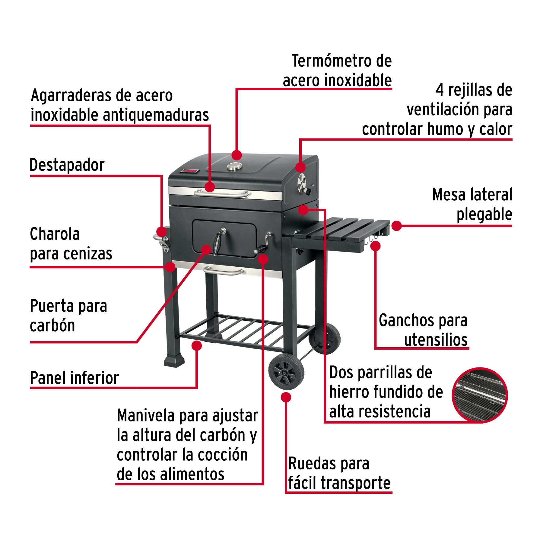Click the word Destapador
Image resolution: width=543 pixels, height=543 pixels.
click(x=67, y=165)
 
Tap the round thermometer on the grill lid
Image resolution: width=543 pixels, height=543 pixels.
click(x=234, y=166)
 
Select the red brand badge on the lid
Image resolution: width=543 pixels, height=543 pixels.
click(x=190, y=171)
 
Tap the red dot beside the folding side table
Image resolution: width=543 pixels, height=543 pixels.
click(x=396, y=226)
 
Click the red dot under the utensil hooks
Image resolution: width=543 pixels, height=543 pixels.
click(x=375, y=246)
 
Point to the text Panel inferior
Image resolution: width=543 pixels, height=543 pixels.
click(x=75, y=378)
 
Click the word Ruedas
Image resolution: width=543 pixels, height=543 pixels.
click(x=313, y=464)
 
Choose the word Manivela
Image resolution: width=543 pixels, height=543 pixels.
click(x=146, y=416)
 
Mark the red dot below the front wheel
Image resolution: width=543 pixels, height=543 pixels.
click(x=286, y=397)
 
